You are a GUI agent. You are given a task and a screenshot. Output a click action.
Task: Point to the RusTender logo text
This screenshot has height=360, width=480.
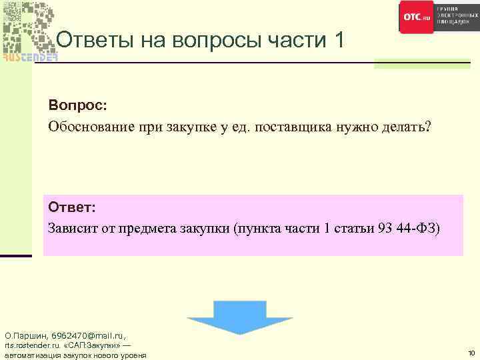click(x=29, y=57)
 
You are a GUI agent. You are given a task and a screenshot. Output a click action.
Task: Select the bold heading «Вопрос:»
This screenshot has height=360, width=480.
click(x=77, y=106)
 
